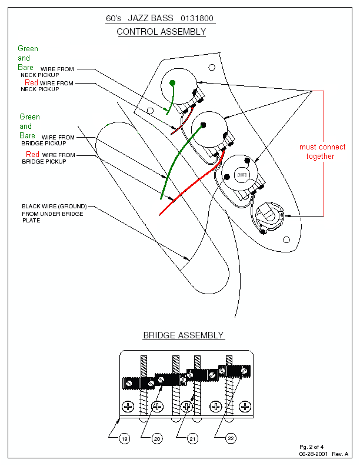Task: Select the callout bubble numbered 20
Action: [157, 438]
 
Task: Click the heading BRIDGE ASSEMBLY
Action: [184, 335]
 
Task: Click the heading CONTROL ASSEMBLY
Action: [161, 32]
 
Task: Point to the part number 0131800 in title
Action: [199, 19]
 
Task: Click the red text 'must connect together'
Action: [322, 152]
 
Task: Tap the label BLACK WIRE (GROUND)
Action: [54, 207]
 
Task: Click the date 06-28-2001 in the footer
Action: [315, 454]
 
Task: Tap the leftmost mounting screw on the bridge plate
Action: [128, 407]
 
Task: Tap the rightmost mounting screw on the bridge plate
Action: [245, 407]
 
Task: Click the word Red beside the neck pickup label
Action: [32, 84]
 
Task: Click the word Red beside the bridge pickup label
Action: [33, 155]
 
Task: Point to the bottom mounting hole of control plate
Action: [286, 239]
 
